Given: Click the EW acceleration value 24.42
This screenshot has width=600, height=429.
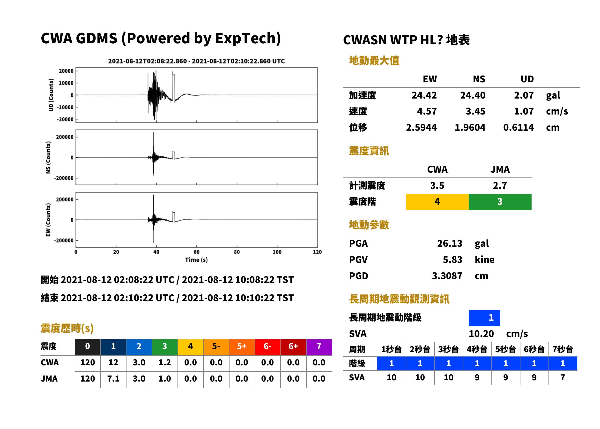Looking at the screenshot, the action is (x=424, y=95).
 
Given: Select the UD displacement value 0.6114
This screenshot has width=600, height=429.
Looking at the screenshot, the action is (x=519, y=127).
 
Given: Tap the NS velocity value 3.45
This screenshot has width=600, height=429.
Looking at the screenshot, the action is (x=475, y=111).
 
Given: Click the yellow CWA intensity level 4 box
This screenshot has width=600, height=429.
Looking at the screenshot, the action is (x=437, y=202).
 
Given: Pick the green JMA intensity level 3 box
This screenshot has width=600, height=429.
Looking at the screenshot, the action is (x=500, y=202).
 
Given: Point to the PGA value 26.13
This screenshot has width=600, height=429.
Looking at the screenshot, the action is (x=450, y=243).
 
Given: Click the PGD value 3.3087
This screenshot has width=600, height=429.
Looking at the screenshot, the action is (x=447, y=276).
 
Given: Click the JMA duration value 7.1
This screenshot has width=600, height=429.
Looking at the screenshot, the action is (x=113, y=379).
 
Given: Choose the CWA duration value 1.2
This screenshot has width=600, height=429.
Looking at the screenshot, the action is (x=165, y=362).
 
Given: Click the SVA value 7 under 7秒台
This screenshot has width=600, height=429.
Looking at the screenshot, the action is (x=563, y=377).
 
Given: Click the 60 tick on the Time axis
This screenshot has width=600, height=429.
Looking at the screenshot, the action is (x=197, y=252).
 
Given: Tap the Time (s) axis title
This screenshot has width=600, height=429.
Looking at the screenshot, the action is (x=197, y=260).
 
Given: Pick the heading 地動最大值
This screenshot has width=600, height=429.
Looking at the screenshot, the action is (x=374, y=61).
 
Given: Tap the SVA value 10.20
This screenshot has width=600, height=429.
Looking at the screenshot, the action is (x=481, y=334).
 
